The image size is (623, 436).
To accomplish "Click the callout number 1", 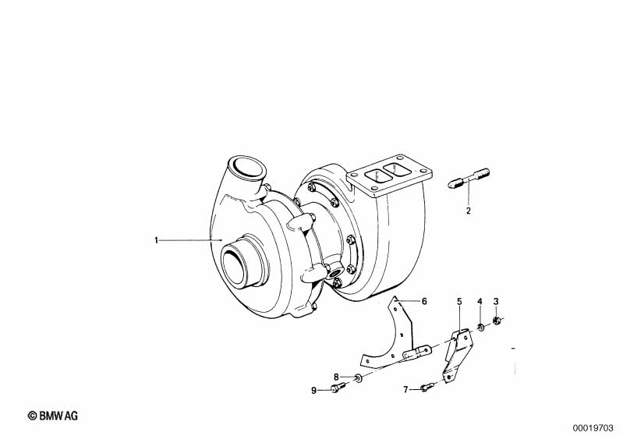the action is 156,240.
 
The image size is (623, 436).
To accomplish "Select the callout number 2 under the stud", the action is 468,211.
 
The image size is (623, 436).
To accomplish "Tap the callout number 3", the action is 496,301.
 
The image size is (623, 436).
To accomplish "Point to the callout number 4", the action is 480,301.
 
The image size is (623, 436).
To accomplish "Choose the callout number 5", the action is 459,301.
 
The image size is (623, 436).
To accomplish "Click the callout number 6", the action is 424,301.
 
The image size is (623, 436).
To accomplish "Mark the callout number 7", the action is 405,389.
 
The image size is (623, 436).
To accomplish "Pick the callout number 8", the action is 336,377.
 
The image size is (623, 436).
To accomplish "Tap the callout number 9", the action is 314,390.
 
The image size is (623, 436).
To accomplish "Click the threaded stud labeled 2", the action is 469,179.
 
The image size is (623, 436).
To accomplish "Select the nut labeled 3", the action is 496,320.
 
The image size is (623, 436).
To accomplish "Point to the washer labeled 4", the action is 480,328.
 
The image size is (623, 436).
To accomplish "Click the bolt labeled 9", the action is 338,387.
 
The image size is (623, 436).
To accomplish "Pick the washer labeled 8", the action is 358,377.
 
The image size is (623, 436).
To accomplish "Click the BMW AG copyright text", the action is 53,416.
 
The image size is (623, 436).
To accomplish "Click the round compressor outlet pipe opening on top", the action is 248,170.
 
